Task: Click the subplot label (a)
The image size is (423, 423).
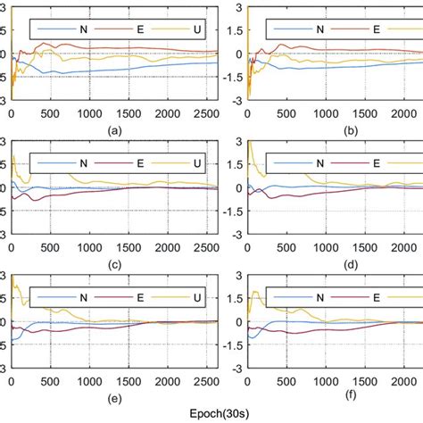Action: coord(113,129)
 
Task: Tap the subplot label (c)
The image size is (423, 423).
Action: coord(113,263)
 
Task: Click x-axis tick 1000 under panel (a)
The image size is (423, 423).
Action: coord(89,114)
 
